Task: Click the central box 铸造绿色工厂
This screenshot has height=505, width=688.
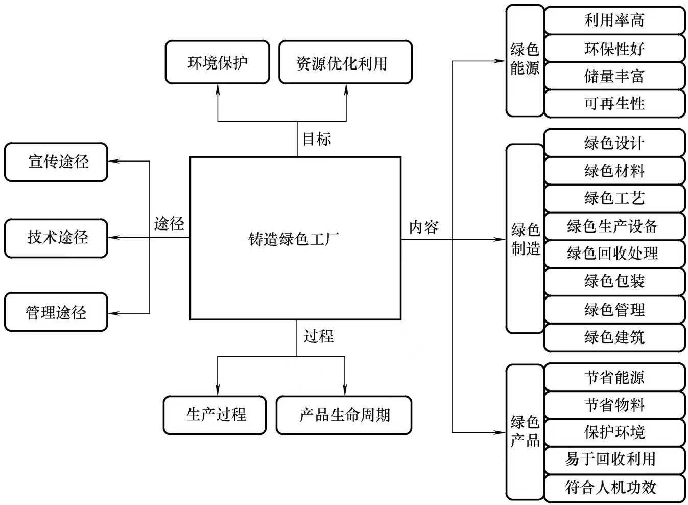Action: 295,238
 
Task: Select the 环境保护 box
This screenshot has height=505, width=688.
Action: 217,62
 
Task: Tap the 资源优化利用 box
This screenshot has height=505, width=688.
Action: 345,62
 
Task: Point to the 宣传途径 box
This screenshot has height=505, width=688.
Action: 56,162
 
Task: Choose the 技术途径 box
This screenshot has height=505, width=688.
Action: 56,238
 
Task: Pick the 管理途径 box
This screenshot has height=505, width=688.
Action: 56,312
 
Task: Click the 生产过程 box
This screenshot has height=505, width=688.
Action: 215,415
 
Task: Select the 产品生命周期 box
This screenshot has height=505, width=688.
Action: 344,415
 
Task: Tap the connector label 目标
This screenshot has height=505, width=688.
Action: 317,139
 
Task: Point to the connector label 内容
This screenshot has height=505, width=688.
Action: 423,227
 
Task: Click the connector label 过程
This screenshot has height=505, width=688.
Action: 318,336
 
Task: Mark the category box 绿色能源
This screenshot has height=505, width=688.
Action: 525,60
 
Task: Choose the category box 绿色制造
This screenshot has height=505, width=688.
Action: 525,239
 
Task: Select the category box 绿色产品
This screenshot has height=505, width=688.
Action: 525,432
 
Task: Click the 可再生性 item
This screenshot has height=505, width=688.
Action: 614,104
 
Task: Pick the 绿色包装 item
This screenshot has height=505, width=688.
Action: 614,281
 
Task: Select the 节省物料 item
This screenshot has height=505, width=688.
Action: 614,405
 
